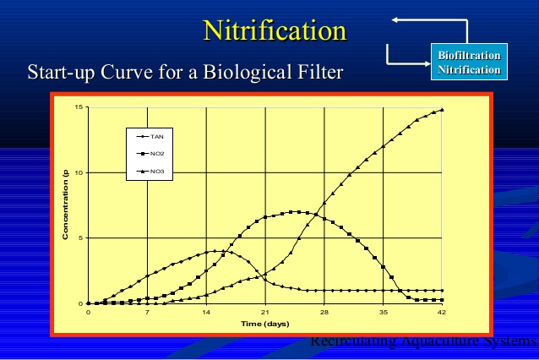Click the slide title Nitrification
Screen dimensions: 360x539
tap(275, 31)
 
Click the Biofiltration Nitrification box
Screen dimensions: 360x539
tap(468, 63)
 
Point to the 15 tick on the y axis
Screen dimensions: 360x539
tap(79, 107)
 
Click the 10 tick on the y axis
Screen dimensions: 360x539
tap(79, 172)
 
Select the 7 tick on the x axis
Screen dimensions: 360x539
tap(147, 312)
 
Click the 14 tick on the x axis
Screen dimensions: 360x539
tap(206, 312)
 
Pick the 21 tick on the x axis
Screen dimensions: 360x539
tap(265, 312)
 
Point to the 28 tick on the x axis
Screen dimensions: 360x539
tap(324, 312)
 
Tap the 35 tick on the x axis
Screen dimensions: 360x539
tap(384, 312)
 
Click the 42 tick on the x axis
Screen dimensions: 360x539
tap(442, 312)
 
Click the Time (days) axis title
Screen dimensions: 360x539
tap(264, 324)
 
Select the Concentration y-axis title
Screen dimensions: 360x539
tap(65, 205)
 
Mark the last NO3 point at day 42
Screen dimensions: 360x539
tap(442, 110)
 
